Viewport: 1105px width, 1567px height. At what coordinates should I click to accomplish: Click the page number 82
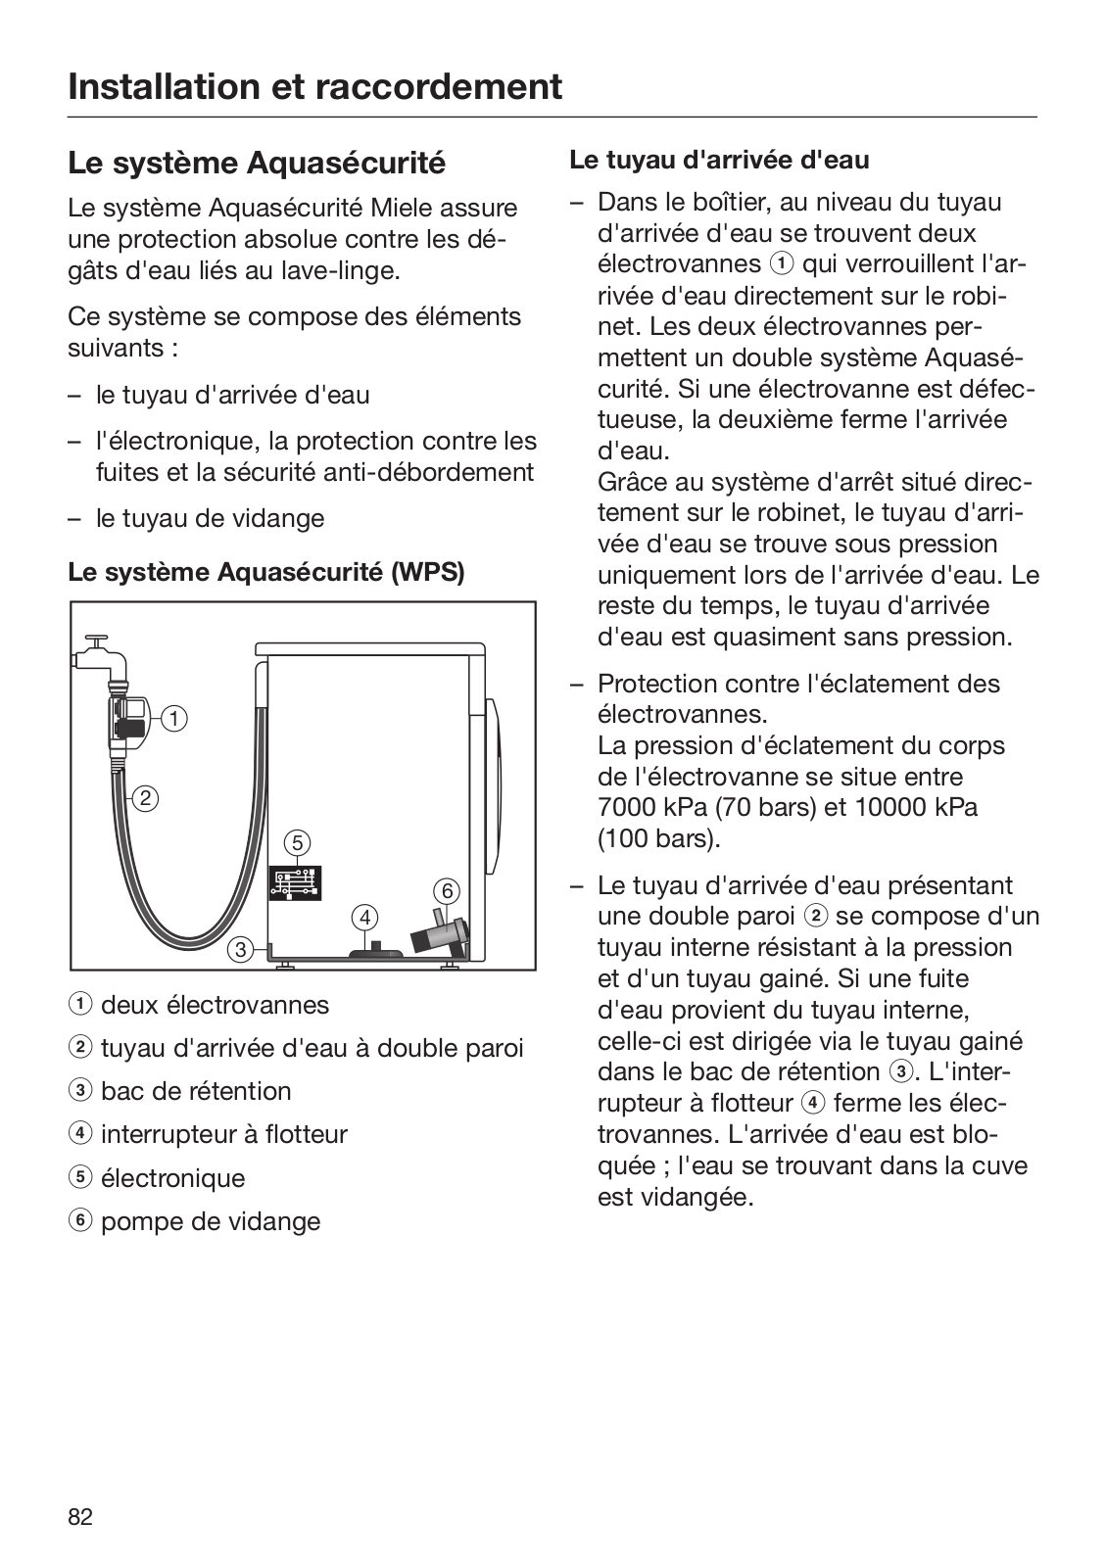[80, 1517]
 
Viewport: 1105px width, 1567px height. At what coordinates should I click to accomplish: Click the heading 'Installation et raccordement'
[315, 86]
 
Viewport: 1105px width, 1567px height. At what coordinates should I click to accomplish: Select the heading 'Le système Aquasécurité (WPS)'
[265, 572]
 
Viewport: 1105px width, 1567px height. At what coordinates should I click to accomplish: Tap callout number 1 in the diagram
[174, 719]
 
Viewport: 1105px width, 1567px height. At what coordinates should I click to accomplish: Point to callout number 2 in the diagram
[145, 798]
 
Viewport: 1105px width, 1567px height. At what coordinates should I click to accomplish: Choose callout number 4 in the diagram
[364, 918]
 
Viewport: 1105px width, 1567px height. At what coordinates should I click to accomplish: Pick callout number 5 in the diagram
[297, 842]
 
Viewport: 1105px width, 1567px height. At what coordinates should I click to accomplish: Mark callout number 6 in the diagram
[446, 890]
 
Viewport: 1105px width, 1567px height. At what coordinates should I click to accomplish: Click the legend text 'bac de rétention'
[196, 1091]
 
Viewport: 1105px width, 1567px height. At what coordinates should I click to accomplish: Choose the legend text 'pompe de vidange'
[211, 1221]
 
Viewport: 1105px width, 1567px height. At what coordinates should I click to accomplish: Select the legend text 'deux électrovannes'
[215, 1005]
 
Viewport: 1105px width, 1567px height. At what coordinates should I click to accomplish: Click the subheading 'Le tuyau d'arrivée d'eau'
[719, 159]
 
